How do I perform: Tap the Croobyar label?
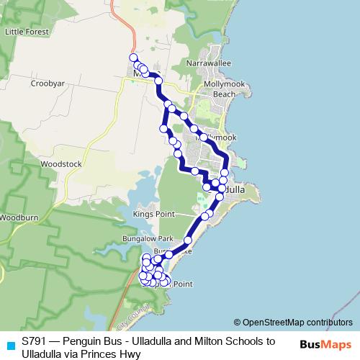click(48, 84)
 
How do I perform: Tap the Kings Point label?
click(155, 214)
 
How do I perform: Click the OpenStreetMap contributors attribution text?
click(294, 322)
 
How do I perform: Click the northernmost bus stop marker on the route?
click(133, 58)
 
